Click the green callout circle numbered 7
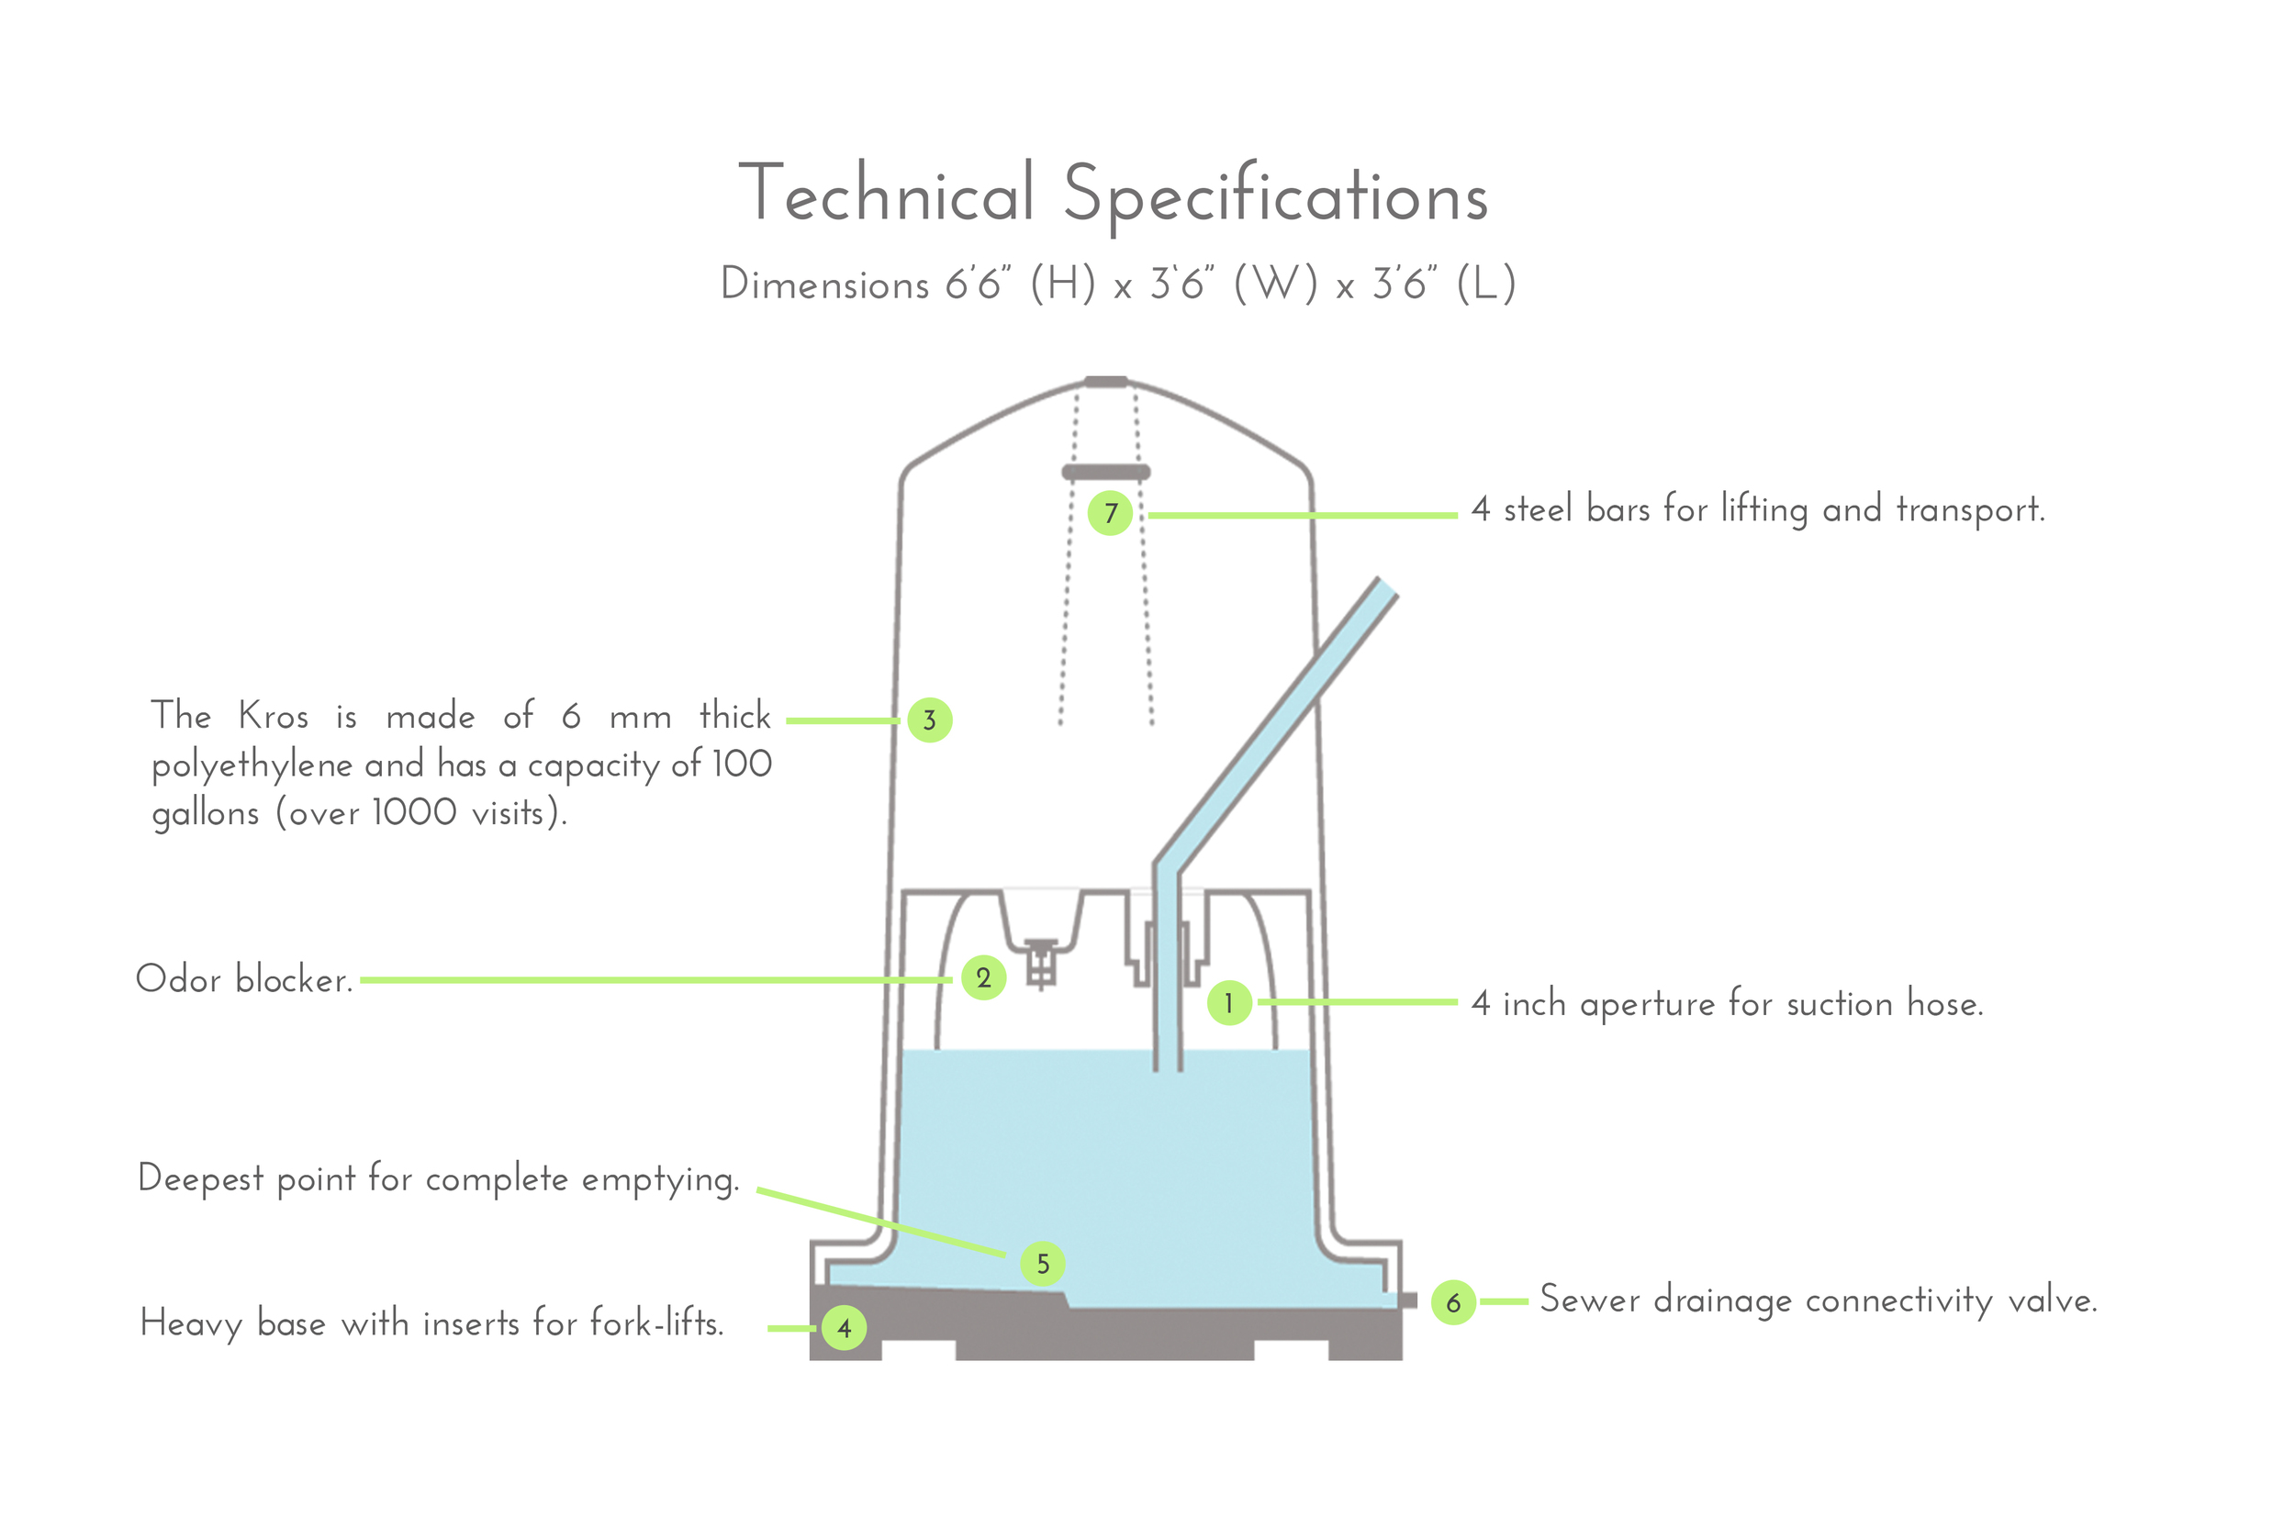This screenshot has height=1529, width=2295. (1110, 513)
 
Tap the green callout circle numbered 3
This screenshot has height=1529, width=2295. (930, 720)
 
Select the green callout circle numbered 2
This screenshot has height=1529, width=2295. (983, 978)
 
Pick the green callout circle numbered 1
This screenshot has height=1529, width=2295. (1229, 1002)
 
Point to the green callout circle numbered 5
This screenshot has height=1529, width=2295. (1043, 1264)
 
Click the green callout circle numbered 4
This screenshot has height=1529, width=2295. (844, 1327)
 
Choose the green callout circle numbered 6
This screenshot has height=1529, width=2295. (1453, 1301)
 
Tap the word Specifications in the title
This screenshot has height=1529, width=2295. (1276, 196)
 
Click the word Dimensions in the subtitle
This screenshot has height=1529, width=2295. (824, 284)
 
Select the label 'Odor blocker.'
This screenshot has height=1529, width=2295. (244, 979)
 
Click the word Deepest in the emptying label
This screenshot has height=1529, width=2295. (201, 1180)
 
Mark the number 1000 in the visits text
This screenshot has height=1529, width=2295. (415, 812)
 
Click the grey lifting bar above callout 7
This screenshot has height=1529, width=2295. (1106, 472)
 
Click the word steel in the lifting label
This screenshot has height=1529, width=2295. (1537, 509)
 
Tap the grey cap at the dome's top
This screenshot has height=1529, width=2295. (1106, 381)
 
